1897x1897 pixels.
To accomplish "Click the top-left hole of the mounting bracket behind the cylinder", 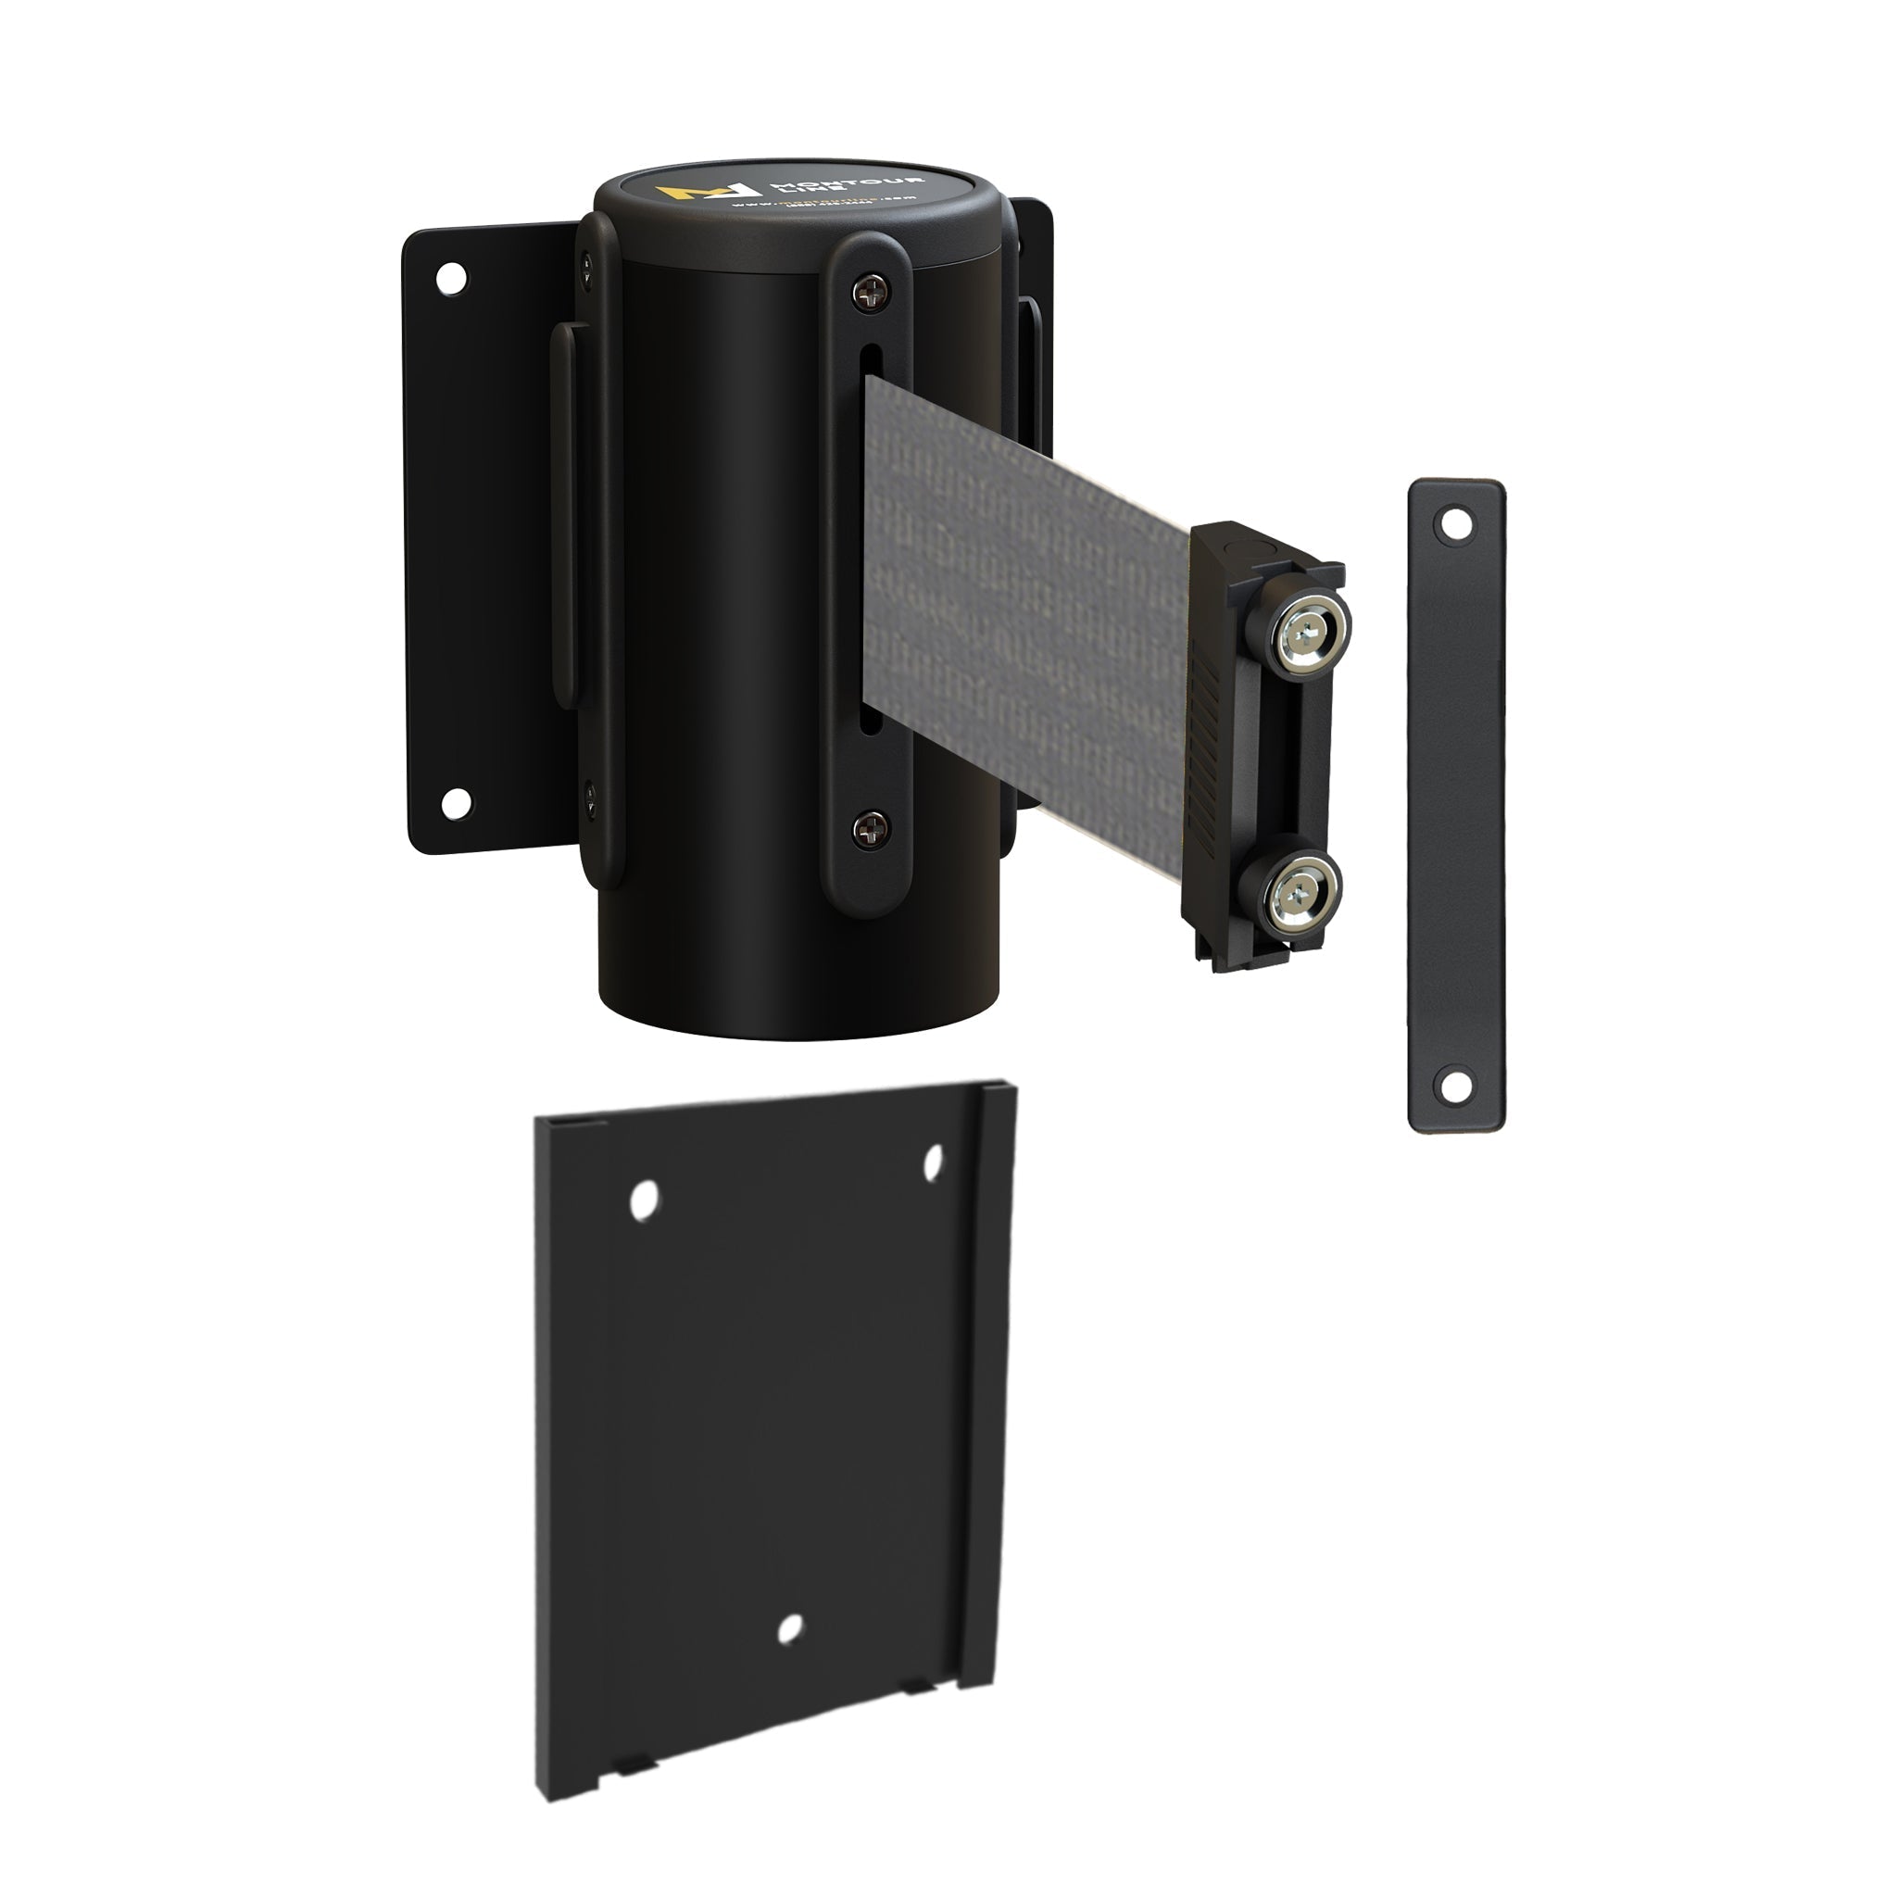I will [x=451, y=278].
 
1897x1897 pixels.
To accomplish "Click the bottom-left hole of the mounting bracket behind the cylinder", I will [x=454, y=802].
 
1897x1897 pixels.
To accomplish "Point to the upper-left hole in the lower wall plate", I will [x=644, y=1200].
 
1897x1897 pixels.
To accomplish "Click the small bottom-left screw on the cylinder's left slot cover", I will [x=590, y=791].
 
